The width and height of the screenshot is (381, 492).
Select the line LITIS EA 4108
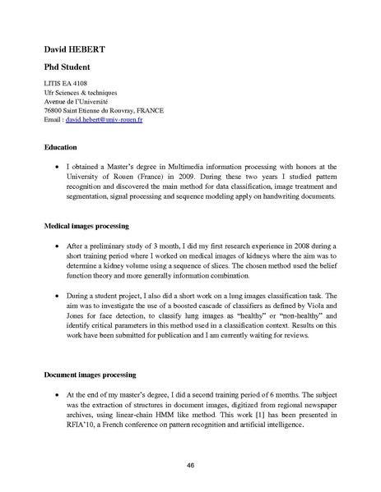click(x=66, y=86)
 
